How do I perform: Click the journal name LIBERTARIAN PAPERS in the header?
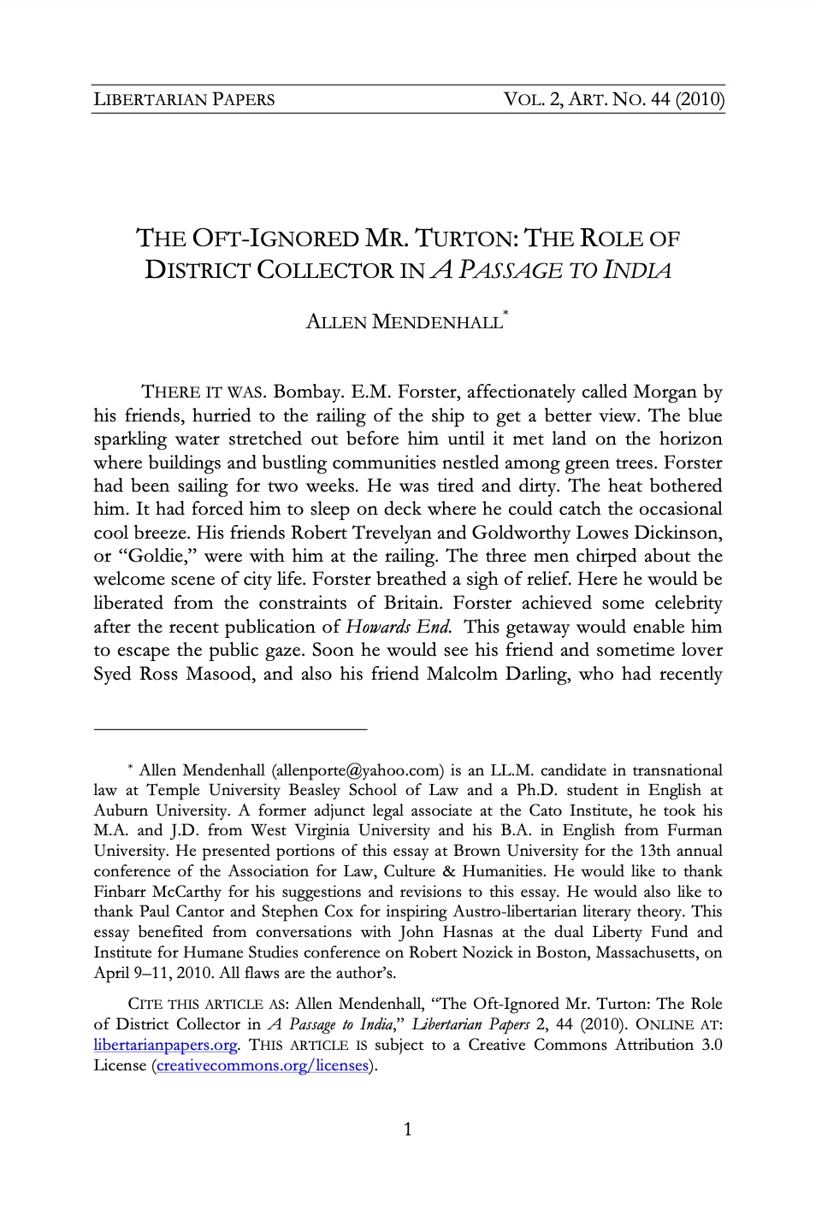184,99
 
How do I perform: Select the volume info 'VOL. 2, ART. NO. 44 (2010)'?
615,99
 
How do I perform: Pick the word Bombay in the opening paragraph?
310,393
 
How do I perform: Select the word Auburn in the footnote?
120,810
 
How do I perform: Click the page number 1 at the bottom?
407,1129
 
